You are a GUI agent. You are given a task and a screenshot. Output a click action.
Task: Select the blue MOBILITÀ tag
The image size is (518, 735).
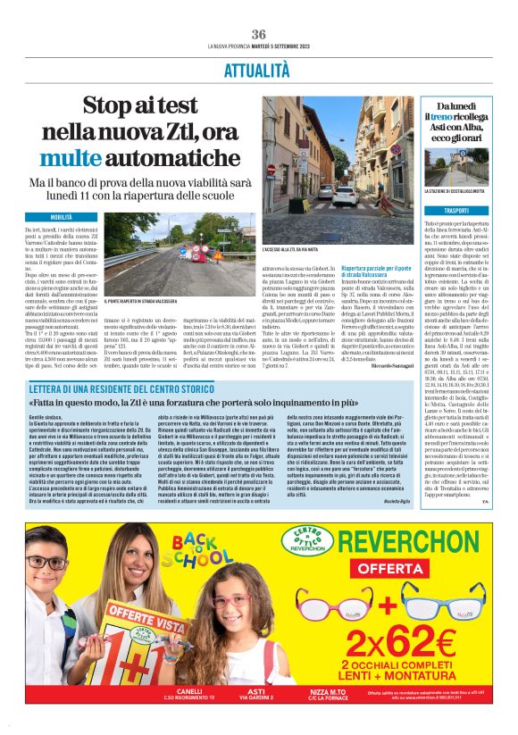coord(61,217)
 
